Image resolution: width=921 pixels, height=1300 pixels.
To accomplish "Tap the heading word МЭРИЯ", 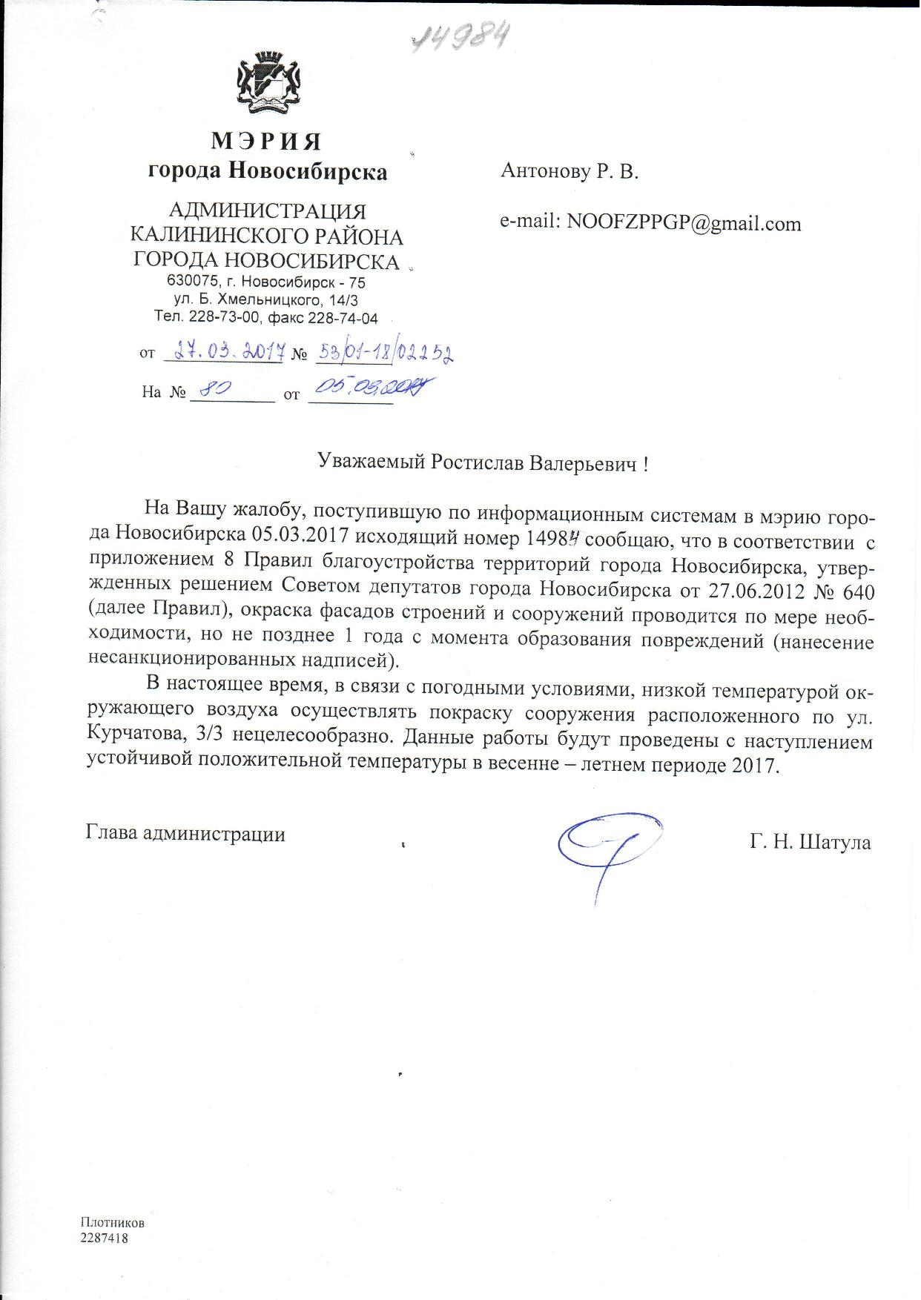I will (267, 140).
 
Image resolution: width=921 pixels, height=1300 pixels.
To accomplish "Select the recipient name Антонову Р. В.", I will (570, 172).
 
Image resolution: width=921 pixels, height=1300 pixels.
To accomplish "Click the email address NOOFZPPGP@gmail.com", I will (684, 223).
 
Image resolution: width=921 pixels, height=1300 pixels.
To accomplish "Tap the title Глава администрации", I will (186, 834).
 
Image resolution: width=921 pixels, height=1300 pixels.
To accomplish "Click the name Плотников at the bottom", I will (113, 1222).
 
